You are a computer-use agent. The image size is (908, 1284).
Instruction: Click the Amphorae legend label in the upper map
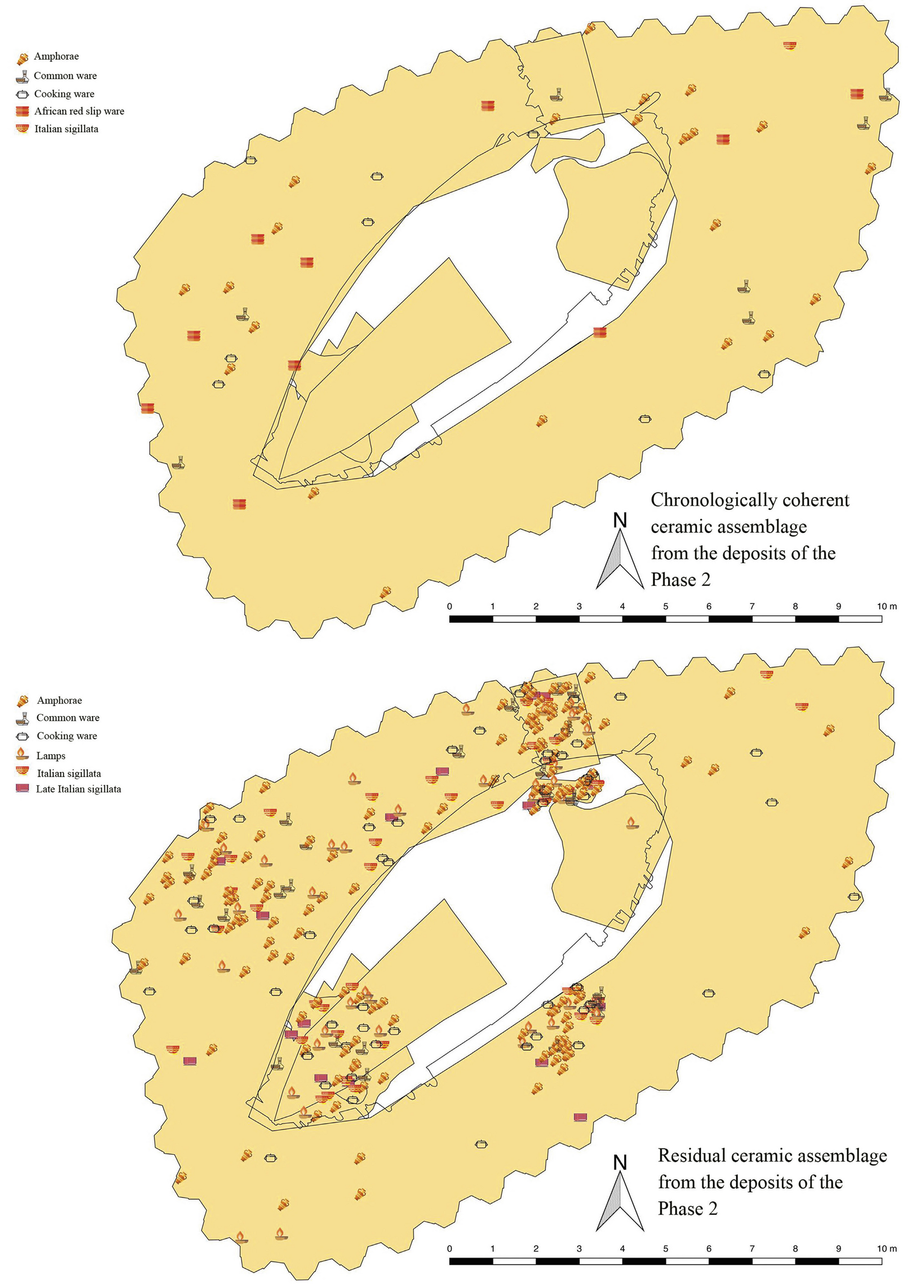(56, 56)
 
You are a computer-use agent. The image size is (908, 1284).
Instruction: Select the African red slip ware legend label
(79, 111)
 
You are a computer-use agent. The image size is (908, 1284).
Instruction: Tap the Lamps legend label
(51, 756)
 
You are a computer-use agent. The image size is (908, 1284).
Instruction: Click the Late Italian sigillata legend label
(79, 789)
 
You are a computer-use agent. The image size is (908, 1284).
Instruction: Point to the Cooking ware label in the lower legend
(67, 736)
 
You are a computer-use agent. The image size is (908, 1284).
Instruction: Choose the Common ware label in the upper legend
(65, 75)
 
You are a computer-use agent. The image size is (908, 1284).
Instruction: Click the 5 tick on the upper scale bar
(665, 607)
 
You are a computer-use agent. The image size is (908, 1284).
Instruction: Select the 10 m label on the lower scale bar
(886, 1249)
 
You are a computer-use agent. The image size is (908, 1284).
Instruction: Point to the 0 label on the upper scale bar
(450, 607)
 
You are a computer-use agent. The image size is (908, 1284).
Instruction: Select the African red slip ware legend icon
(23, 111)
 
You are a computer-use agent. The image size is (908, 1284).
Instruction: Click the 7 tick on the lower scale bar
(752, 1249)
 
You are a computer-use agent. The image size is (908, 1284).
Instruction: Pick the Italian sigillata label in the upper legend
(66, 129)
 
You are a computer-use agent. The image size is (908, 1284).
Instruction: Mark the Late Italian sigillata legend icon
(23, 789)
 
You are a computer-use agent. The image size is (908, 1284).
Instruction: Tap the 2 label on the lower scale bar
(536, 1249)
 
